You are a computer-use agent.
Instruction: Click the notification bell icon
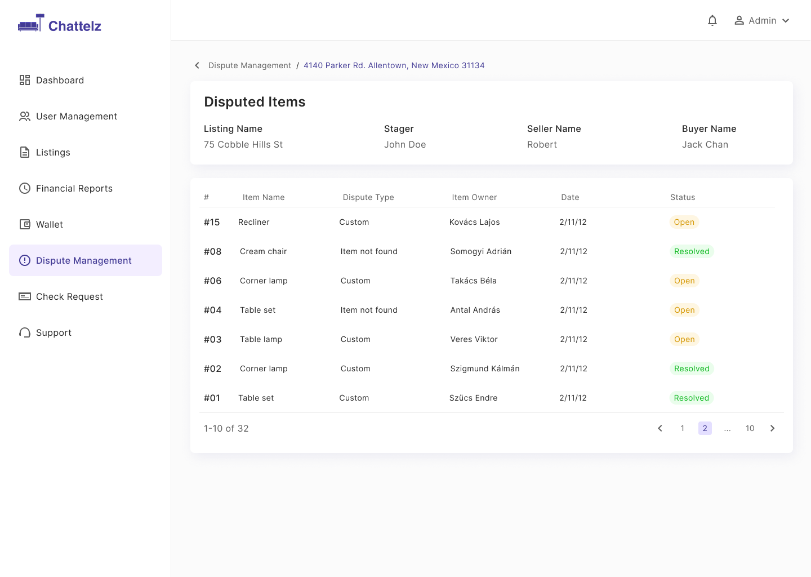(712, 21)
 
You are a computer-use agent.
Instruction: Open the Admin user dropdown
(762, 21)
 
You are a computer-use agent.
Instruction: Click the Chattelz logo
(60, 24)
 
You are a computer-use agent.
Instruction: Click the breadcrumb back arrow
(197, 65)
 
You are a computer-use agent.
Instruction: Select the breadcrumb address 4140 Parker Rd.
(394, 65)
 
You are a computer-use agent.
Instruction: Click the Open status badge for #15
(684, 222)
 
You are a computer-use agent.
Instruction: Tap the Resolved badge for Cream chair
(692, 251)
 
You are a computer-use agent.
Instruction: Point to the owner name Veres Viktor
(474, 339)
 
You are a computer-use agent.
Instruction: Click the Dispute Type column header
(368, 197)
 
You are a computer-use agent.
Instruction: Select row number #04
(212, 310)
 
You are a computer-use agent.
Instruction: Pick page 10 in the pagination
(750, 428)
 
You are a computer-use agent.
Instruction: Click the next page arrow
(772, 428)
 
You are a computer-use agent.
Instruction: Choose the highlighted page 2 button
(705, 428)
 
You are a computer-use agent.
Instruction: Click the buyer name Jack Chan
(705, 144)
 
